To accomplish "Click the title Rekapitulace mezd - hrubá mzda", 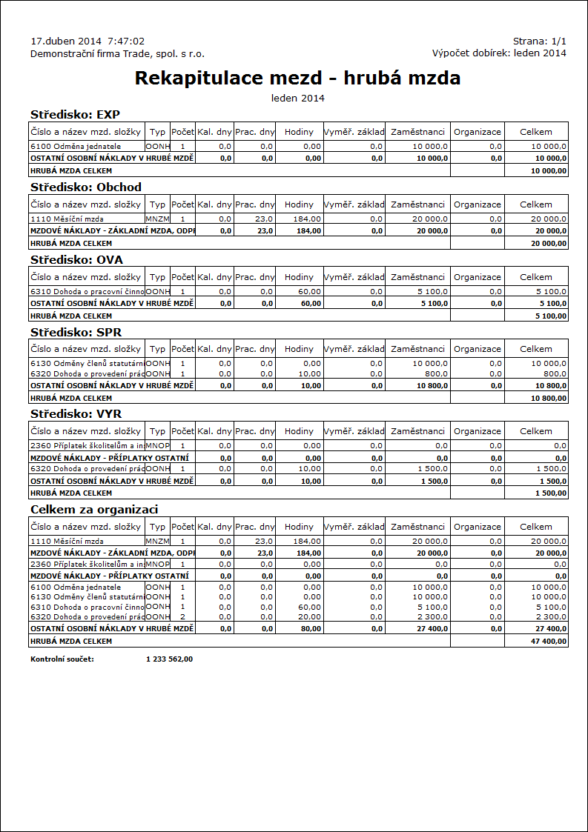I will (x=297, y=79).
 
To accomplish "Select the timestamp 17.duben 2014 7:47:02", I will (x=87, y=41).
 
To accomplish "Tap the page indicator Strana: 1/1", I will (x=539, y=41).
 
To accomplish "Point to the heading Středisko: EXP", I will (x=75, y=114).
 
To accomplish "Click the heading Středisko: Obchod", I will (x=85, y=187).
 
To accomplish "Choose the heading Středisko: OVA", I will (x=76, y=259).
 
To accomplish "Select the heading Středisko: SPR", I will (x=76, y=331).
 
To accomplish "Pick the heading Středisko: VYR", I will (x=76, y=413).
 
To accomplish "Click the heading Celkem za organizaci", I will (x=93, y=510).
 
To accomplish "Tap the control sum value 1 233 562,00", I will (x=170, y=659).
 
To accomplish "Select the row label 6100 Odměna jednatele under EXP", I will (x=75, y=147).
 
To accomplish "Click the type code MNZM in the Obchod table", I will (x=157, y=219).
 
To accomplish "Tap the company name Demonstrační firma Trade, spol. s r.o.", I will (x=117, y=53).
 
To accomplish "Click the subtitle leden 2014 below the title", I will (x=297, y=98).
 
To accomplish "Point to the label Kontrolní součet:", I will (x=62, y=659).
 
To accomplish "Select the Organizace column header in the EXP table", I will (x=477, y=132).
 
